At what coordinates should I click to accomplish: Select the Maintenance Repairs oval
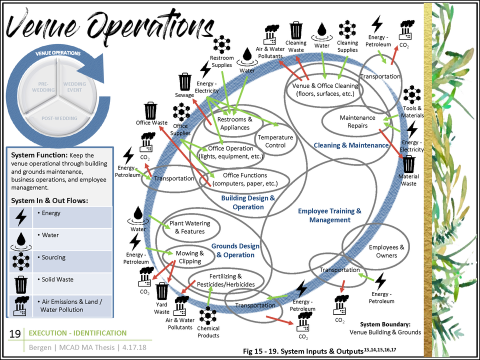tap(357, 121)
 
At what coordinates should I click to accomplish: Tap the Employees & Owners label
tap(386, 251)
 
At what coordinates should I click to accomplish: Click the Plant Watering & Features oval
tap(190, 227)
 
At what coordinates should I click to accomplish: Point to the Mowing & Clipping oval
tap(190, 257)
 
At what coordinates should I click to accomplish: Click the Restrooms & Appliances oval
tap(235, 123)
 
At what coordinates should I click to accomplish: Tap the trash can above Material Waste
tap(408, 163)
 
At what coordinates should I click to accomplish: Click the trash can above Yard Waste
tap(162, 291)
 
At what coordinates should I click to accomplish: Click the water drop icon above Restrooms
tap(247, 55)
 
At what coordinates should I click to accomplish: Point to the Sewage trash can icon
tap(185, 81)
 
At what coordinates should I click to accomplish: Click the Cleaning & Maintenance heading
tap(351, 145)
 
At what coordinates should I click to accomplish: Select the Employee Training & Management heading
tap(329, 215)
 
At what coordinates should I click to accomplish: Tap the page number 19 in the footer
tap(15, 334)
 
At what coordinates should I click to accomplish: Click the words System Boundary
tap(385, 323)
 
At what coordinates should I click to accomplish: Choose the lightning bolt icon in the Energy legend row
tap(21, 216)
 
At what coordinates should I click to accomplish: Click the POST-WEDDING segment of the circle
tap(59, 118)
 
